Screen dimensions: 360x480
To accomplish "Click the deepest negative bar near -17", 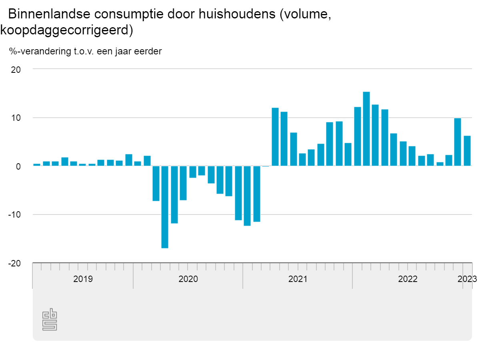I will pyautogui.click(x=165, y=207).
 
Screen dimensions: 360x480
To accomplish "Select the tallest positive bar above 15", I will pyautogui.click(x=366, y=129).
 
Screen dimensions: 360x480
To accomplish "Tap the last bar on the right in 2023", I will pyautogui.click(x=467, y=151).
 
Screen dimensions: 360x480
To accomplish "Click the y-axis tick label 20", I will pyautogui.click(x=16, y=69).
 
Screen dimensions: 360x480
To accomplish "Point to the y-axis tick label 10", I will pyautogui.click(x=16, y=118).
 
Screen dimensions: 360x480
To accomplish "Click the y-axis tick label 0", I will pyautogui.click(x=18, y=166).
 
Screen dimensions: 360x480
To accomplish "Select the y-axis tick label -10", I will pyautogui.click(x=14, y=215).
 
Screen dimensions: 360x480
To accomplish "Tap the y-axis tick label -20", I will pyautogui.click(x=14, y=263).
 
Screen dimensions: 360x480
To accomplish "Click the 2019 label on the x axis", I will pyautogui.click(x=83, y=279).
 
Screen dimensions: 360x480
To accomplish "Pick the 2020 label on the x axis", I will pyautogui.click(x=188, y=279).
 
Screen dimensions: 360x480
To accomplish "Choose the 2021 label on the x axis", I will pyautogui.click(x=298, y=279).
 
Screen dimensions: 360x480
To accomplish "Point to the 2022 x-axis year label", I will pyautogui.click(x=408, y=279).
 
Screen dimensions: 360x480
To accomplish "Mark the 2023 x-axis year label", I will pyautogui.click(x=467, y=279).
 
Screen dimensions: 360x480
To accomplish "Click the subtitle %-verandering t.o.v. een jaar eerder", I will pyautogui.click(x=85, y=51).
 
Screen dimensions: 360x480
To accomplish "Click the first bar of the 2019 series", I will pyautogui.click(x=37, y=164).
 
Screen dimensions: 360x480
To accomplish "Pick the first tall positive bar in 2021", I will pyautogui.click(x=275, y=137).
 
